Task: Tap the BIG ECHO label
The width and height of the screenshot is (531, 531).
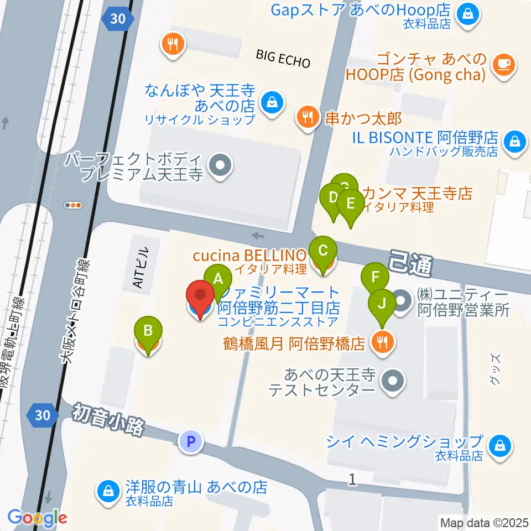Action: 283,58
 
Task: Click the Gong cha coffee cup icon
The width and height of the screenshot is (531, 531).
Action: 504,65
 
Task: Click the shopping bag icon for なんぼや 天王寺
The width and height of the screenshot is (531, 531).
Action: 272,101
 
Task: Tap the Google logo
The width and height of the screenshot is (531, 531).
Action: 37,518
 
